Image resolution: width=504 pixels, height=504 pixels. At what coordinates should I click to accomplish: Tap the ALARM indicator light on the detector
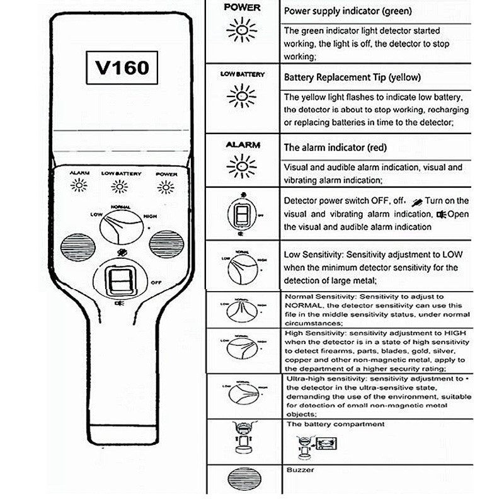click(79, 185)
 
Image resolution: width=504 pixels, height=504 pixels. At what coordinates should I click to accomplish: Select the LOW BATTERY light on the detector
click(120, 186)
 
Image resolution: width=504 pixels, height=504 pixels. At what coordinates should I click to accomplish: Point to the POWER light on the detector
click(166, 186)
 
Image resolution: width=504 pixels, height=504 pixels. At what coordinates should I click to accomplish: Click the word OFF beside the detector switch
click(157, 283)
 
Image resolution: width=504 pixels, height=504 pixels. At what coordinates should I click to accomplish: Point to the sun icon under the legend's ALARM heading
click(243, 166)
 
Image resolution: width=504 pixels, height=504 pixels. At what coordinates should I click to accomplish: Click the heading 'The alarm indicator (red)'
click(335, 147)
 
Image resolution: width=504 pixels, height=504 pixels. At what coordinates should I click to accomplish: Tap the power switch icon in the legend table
click(242, 215)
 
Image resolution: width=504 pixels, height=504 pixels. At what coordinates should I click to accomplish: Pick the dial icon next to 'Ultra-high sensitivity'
click(243, 394)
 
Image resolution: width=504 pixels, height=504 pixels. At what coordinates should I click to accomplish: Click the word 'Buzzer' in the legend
click(300, 470)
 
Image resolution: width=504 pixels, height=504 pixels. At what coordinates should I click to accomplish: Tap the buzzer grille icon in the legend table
click(243, 478)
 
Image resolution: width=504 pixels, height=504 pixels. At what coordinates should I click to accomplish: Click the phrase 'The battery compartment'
click(335, 425)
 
